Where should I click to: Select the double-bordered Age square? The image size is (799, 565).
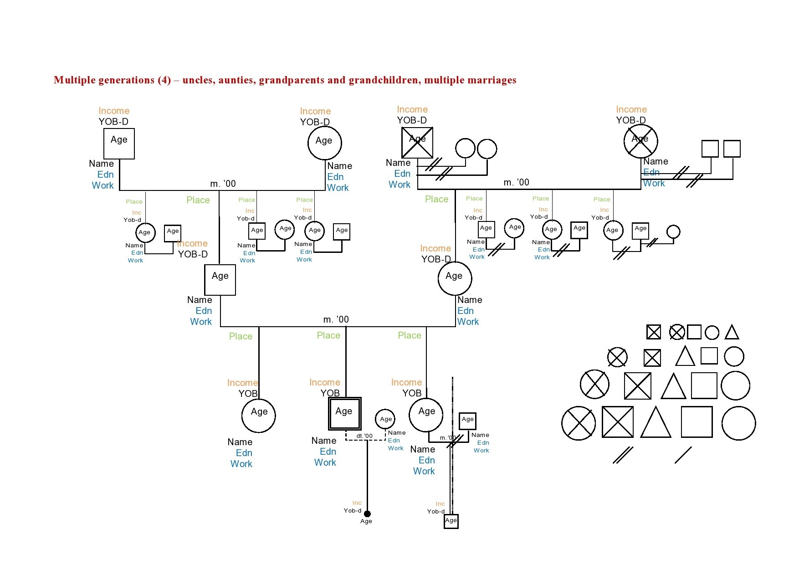[x=344, y=414]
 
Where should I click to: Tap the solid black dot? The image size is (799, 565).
[x=367, y=514]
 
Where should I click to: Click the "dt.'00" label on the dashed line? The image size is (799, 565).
[x=364, y=436]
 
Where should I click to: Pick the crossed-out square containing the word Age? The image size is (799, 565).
[x=417, y=143]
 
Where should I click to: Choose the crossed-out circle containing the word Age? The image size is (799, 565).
[x=640, y=141]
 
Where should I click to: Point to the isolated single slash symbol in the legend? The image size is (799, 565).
[x=683, y=455]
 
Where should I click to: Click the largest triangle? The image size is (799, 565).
[x=656, y=422]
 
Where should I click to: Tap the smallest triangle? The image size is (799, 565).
[x=732, y=332]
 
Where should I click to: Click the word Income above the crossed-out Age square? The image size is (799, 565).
[x=412, y=109]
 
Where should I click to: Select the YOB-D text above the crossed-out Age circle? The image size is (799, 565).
[x=631, y=120]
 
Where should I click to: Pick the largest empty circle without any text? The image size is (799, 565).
[x=738, y=423]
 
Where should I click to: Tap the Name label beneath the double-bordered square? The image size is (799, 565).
[x=323, y=441]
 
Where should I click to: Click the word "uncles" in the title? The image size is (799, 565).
[x=198, y=80]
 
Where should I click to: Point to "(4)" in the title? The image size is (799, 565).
[x=164, y=80]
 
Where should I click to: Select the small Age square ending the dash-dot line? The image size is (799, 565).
[x=451, y=521]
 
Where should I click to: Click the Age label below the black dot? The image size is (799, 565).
[x=366, y=521]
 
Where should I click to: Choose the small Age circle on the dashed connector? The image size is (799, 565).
[x=385, y=419]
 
